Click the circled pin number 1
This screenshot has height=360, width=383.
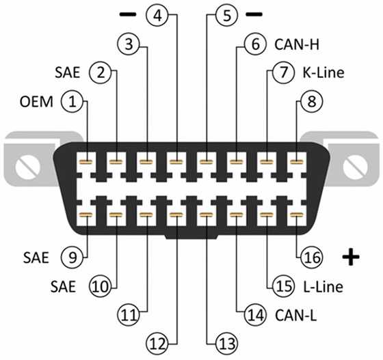[x=72, y=102]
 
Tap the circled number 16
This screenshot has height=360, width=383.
[x=311, y=258]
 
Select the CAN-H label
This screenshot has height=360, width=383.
[x=297, y=44]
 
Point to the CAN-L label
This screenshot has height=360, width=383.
[x=295, y=315]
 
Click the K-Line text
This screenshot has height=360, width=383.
[x=323, y=72]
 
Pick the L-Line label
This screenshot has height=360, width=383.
[x=323, y=286]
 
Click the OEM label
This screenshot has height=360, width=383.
[x=36, y=102]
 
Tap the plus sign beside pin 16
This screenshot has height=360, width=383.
[x=351, y=257]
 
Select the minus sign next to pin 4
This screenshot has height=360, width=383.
[x=128, y=14]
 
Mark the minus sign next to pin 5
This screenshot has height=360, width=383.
[x=254, y=14]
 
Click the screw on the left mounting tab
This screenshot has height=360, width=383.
[x=27, y=167]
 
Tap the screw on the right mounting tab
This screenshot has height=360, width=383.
[x=356, y=167]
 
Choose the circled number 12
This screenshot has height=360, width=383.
[x=157, y=344]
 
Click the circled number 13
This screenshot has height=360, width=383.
[x=227, y=344]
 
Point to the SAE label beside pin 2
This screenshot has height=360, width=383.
[x=68, y=72]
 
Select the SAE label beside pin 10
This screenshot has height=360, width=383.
[x=63, y=286]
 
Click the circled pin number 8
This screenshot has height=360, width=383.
[x=311, y=101]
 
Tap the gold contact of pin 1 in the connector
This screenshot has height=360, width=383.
[x=85, y=161]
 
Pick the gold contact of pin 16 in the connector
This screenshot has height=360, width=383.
[x=297, y=215]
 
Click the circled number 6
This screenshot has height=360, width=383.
[x=255, y=44]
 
